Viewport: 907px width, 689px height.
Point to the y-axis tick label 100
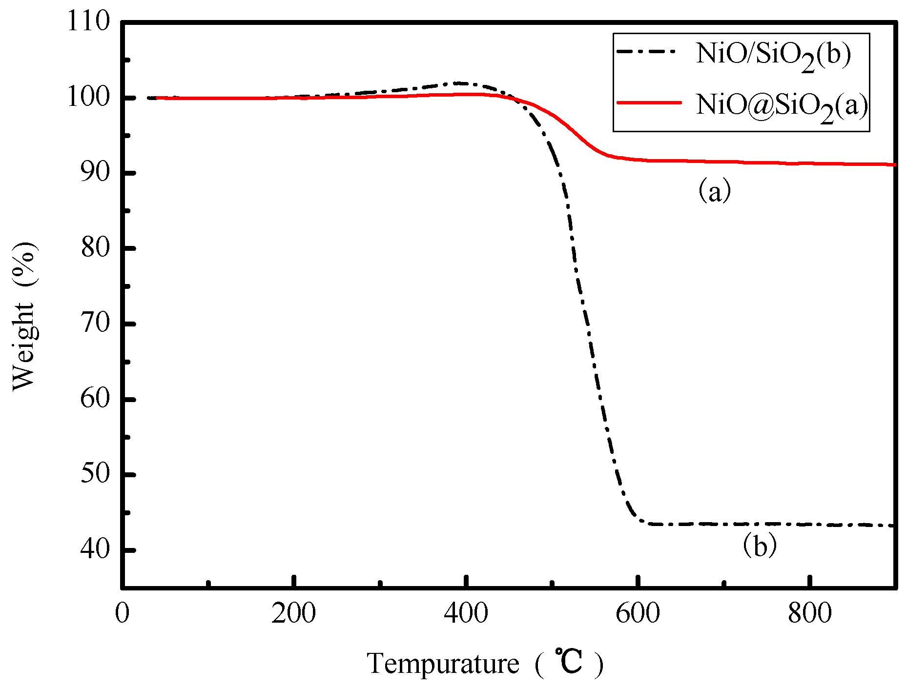(x=88, y=97)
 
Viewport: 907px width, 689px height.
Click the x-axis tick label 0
(x=122, y=613)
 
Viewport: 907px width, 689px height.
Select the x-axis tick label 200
(x=293, y=613)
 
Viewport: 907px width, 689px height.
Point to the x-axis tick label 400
(x=466, y=613)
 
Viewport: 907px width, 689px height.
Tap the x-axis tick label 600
(x=638, y=613)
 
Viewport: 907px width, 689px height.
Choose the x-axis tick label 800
(x=809, y=613)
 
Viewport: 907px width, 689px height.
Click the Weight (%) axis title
(x=24, y=316)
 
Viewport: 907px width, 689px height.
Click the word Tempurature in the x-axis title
(x=443, y=664)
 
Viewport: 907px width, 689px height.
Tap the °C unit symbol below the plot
(x=568, y=662)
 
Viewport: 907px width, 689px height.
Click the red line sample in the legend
(x=649, y=102)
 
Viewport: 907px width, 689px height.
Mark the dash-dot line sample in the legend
(x=649, y=51)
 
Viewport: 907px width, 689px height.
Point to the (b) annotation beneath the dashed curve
(x=759, y=546)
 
